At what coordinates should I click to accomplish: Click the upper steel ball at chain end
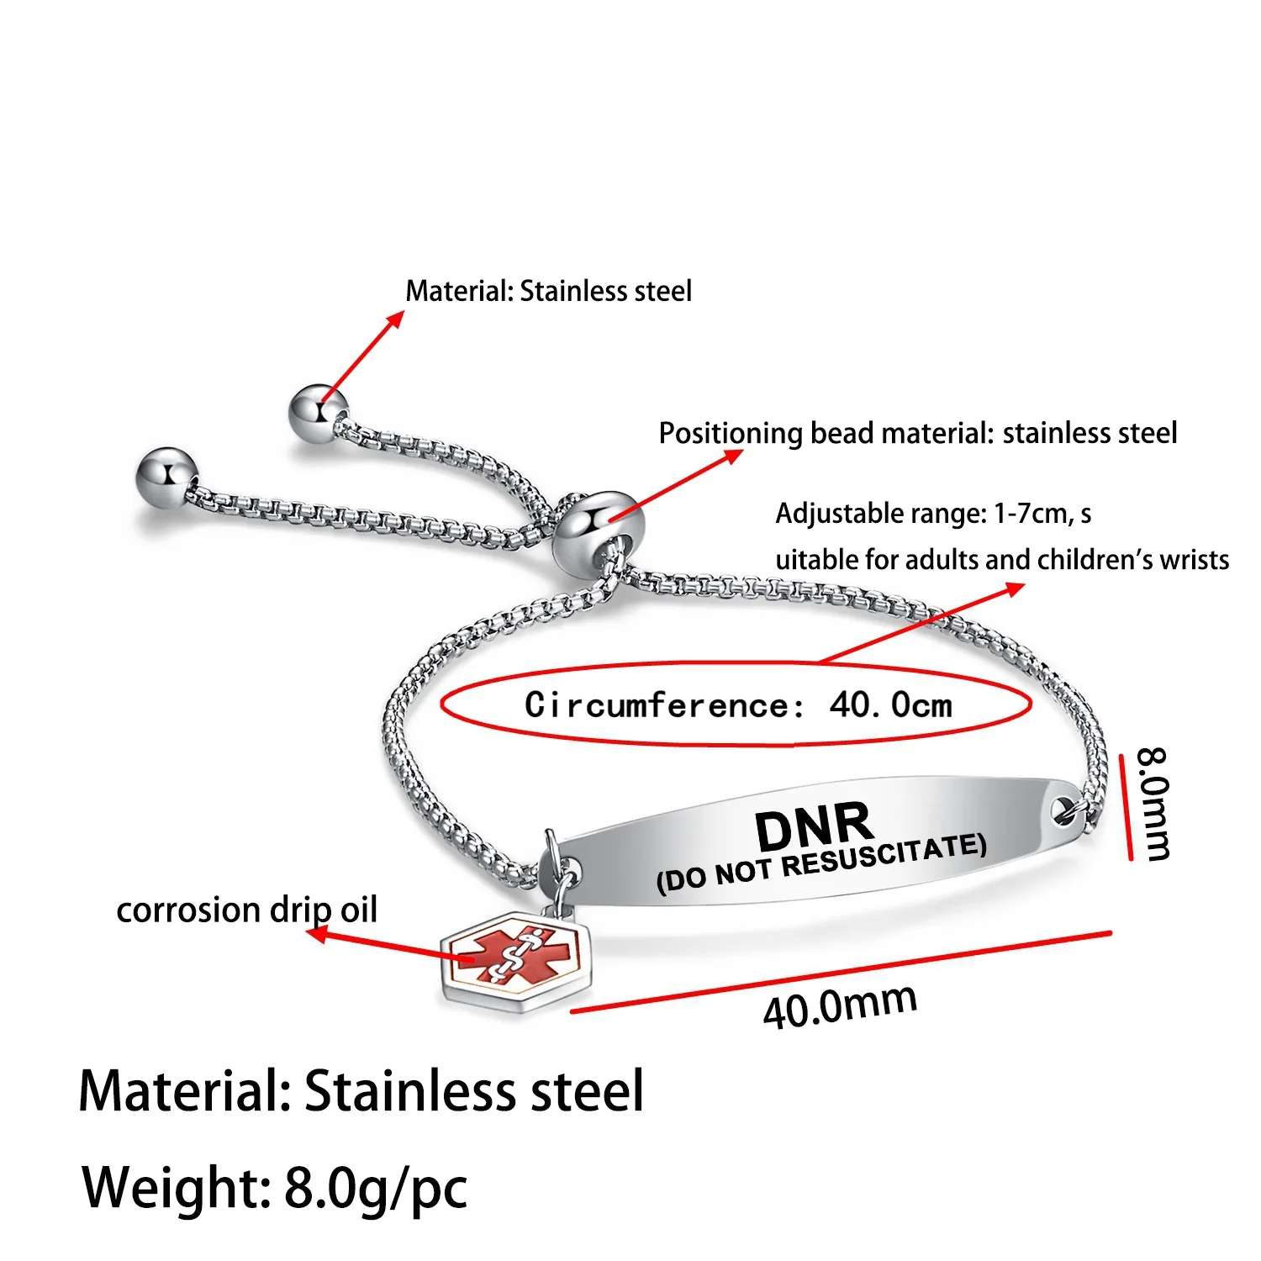317,413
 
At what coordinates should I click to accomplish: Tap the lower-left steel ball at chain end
167,477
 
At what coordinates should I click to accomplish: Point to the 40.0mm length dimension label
839,1005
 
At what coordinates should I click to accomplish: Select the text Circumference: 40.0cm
738,704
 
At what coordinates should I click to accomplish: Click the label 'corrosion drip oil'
246,910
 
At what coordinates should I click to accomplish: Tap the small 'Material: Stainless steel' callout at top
548,291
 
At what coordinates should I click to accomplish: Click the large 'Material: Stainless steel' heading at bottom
361,1091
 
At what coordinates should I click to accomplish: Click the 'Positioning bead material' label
917,433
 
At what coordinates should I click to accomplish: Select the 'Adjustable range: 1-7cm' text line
933,513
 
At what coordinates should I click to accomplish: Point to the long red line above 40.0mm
841,972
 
